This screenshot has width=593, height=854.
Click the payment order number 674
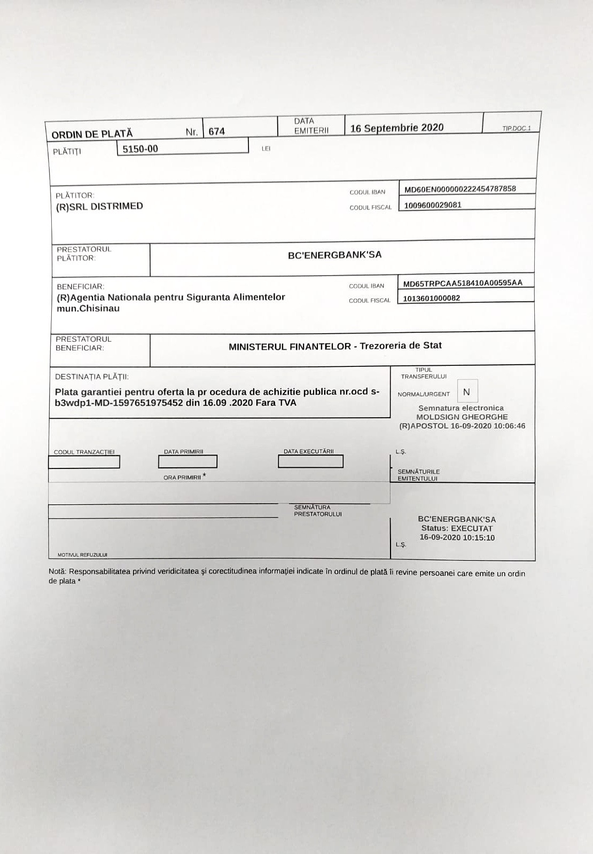(216, 131)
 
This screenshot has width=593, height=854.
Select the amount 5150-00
(140, 149)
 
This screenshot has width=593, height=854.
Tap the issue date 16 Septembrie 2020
(396, 128)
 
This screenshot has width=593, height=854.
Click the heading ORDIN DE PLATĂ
(92, 134)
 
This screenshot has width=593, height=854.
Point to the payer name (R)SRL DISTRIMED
(99, 207)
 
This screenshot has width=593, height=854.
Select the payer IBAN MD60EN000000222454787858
(460, 189)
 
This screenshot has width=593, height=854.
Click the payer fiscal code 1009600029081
(433, 205)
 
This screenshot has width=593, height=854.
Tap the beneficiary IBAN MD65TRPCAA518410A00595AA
(463, 283)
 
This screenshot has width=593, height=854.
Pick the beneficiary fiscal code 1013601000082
(431, 298)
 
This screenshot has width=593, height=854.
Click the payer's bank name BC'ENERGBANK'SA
(334, 255)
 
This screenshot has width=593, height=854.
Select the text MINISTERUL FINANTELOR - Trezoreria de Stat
(335, 346)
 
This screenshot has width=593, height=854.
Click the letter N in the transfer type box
(466, 392)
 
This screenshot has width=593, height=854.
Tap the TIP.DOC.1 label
(516, 129)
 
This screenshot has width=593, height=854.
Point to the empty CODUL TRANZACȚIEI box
(84, 462)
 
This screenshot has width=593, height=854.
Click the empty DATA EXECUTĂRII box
(310, 461)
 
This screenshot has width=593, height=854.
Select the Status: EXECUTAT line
(457, 528)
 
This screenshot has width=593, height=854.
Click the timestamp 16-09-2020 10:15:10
(457, 537)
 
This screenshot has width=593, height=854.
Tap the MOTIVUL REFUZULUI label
(82, 555)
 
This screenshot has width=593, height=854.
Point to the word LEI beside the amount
(266, 148)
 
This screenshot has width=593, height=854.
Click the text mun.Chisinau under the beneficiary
(88, 308)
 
